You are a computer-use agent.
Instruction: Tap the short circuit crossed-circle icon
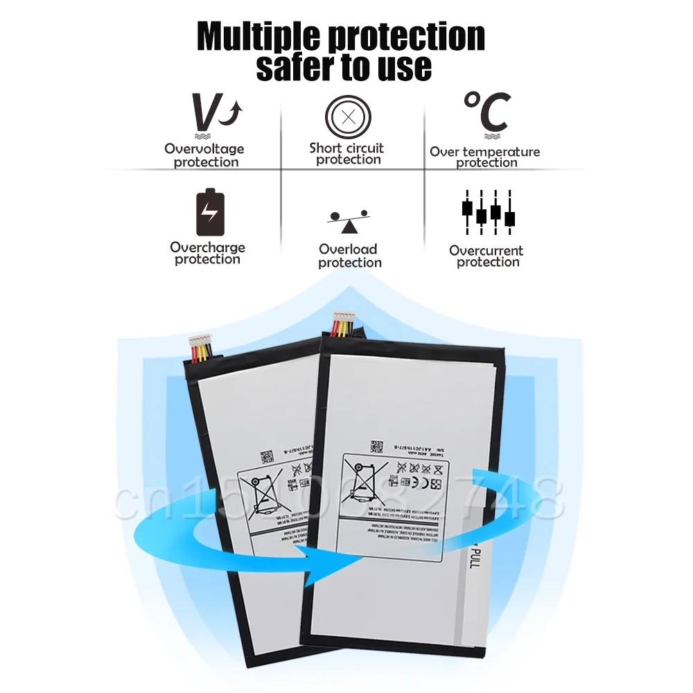[349, 116]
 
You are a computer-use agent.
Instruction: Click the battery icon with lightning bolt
[210, 211]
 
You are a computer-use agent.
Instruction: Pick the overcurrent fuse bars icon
[488, 211]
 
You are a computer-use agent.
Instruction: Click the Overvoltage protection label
[205, 155]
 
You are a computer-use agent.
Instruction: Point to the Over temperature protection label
[485, 157]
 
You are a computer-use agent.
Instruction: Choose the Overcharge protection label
[208, 253]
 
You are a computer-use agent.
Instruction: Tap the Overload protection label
[349, 256]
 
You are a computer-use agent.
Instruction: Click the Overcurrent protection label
[486, 256]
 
